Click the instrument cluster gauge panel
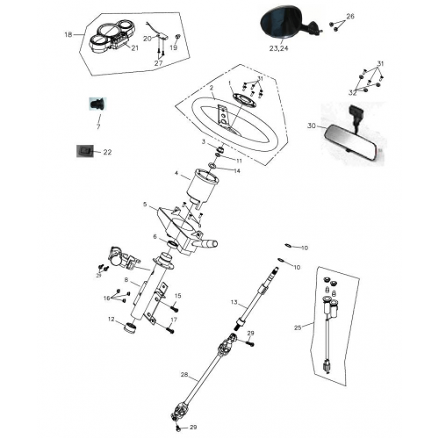click(112, 36)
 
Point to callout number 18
click(68, 35)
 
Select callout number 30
click(311, 126)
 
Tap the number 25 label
click(299, 327)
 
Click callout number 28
click(184, 375)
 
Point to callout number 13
click(234, 302)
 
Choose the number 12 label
click(112, 320)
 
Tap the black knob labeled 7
click(96, 105)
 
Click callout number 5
click(146, 205)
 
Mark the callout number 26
click(350, 17)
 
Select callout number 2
click(212, 88)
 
